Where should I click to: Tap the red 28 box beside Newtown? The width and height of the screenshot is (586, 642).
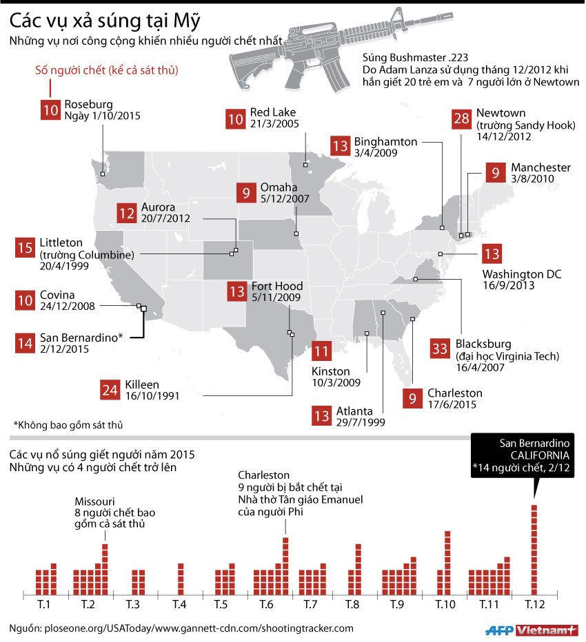click(460, 118)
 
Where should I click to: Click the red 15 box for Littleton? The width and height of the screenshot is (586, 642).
click(24, 248)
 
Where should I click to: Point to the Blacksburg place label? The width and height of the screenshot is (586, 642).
click(483, 344)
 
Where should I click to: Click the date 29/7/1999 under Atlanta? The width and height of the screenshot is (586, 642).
click(361, 422)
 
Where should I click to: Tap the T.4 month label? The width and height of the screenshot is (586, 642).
click(179, 604)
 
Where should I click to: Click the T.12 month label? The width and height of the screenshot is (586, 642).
click(534, 604)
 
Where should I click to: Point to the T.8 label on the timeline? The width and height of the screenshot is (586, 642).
click(357, 604)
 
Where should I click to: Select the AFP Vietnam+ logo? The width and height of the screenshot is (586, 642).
click(531, 629)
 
